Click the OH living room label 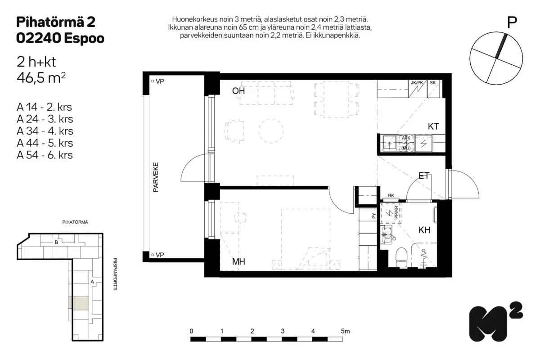tap(238, 91)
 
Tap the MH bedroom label tap(238, 261)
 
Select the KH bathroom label tap(424, 230)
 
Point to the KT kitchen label tap(433, 126)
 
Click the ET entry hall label tap(424, 175)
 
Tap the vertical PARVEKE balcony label tap(156, 177)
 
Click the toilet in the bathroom tap(401, 257)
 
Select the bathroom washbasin tap(387, 234)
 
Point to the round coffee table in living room tap(271, 130)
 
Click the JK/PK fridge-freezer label tap(417, 83)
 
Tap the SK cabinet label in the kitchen tap(433, 83)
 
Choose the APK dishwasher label tap(406, 138)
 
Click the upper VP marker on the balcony tap(158, 81)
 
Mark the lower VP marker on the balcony tap(158, 255)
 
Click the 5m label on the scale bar tap(345, 331)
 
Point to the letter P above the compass tap(512, 23)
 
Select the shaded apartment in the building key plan tap(79, 303)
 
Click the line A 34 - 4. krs tap(45, 131)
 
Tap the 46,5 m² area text tap(41, 78)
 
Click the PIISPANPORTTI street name tap(115, 274)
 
